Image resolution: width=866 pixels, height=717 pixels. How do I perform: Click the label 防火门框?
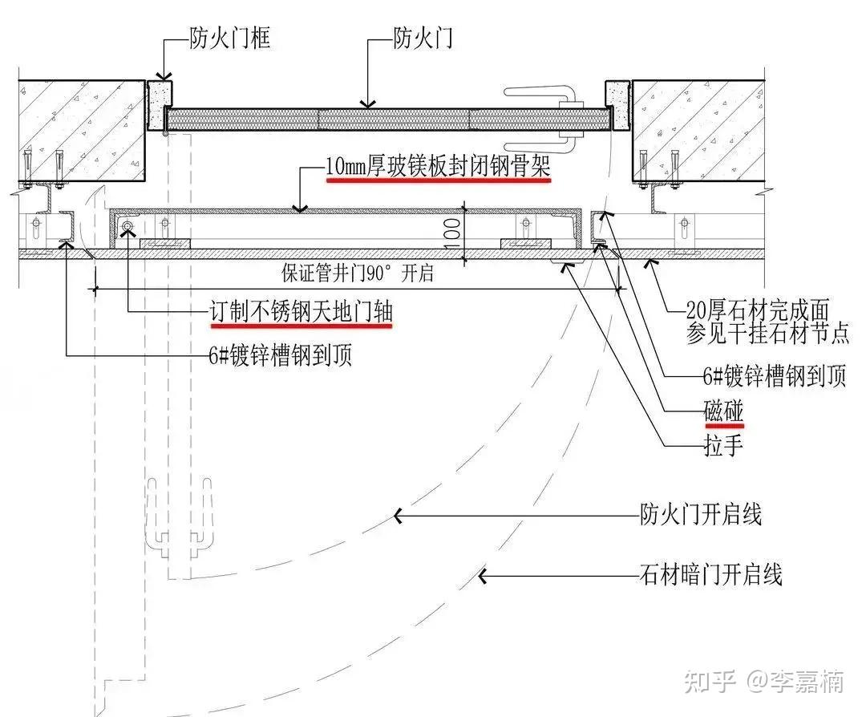tap(230, 38)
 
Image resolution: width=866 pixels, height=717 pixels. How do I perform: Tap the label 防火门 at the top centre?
tap(423, 38)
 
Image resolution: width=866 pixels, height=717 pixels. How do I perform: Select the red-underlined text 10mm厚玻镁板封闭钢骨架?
tap(438, 166)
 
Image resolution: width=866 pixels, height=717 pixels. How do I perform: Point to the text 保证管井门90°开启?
tap(358, 273)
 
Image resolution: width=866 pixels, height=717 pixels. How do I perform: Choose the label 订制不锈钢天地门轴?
tap(301, 312)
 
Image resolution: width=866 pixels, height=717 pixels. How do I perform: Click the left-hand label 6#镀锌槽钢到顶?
tap(280, 355)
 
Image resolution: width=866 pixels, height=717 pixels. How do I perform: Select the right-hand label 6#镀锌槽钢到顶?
tap(775, 376)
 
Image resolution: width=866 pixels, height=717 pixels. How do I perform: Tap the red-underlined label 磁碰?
tap(723, 411)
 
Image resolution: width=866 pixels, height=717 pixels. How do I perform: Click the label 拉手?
tap(723, 444)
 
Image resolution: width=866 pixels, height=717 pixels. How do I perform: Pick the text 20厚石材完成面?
tap(758, 310)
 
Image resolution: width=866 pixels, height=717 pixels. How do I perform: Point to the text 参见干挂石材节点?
tap(767, 333)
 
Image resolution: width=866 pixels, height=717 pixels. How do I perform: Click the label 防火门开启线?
tap(701, 514)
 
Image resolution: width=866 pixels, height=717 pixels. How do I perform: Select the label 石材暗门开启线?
tap(710, 574)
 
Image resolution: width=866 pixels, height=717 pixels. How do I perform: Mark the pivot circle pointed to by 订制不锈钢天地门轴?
tap(127, 226)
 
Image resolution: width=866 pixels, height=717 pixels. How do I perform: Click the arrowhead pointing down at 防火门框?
tap(163, 77)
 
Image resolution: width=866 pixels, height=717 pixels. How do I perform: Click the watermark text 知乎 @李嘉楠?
tap(764, 681)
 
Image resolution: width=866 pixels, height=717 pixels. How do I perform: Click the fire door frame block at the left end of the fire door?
tap(159, 106)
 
